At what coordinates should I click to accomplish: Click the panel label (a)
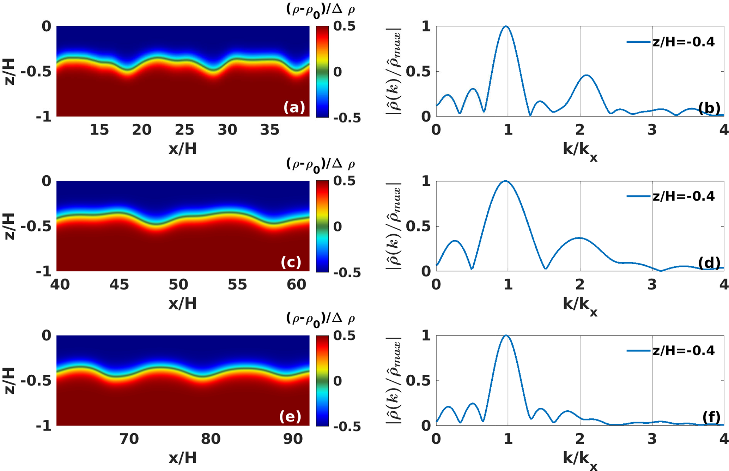[x=294, y=107]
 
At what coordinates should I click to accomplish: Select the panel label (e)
[x=290, y=417]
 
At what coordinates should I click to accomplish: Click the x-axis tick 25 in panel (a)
[x=184, y=130]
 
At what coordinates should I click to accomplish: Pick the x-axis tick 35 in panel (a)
[x=270, y=130]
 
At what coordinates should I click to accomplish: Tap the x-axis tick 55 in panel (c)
[x=237, y=284]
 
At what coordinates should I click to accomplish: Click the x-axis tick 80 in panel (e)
[x=211, y=439]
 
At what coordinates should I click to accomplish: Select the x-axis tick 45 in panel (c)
[x=119, y=284]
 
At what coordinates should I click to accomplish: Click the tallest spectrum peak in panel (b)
[x=506, y=26]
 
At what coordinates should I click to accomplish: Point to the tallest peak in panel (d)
[x=506, y=181]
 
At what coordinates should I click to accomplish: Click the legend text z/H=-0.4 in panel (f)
[x=684, y=351]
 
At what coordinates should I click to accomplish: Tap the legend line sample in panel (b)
[x=638, y=42]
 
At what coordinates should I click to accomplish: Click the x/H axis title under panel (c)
[x=182, y=303]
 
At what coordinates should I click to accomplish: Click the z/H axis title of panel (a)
[x=10, y=72]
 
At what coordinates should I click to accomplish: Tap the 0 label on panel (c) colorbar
[x=338, y=227]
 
